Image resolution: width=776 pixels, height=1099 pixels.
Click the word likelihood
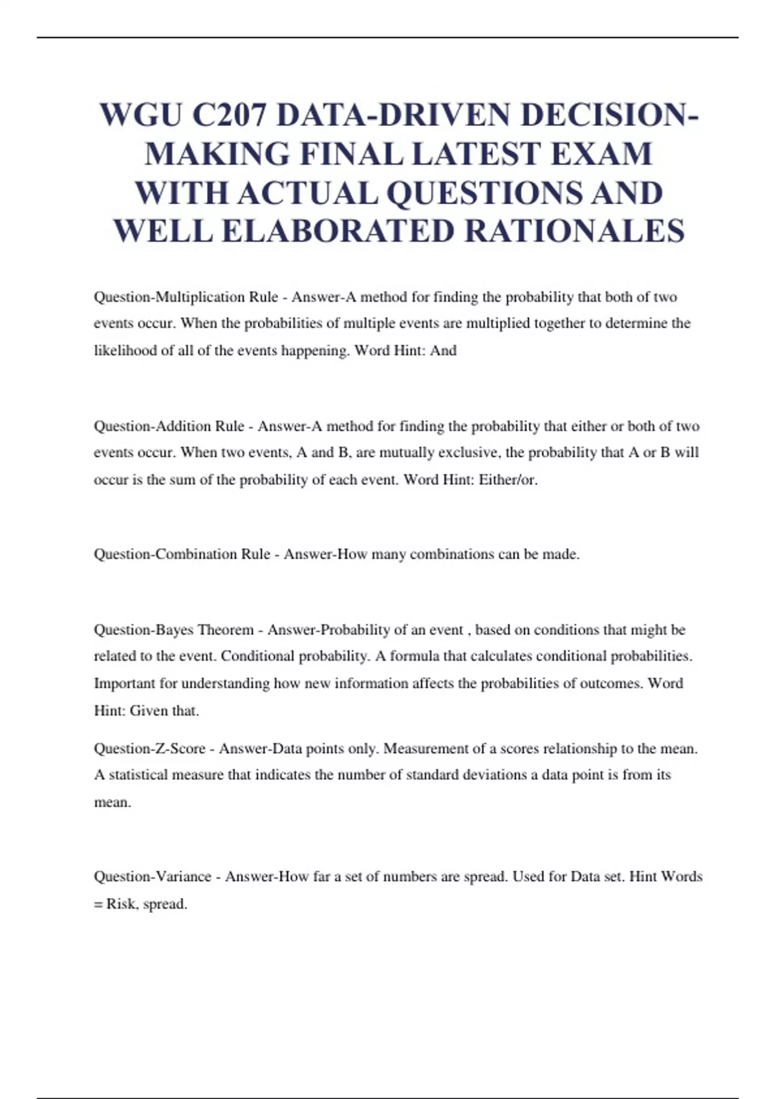tap(123, 350)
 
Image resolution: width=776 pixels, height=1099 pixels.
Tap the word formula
tap(414, 656)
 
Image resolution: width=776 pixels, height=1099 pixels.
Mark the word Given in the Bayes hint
tap(149, 710)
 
